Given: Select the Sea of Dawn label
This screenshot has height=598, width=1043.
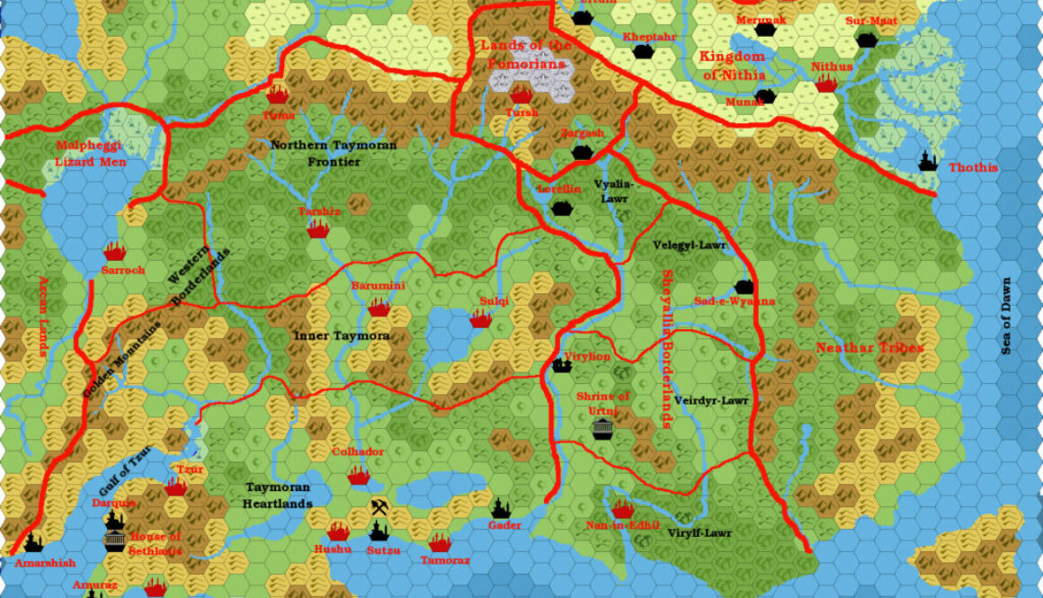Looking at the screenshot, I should coord(1006,315).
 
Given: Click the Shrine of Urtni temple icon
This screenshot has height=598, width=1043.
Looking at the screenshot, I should coord(602,429).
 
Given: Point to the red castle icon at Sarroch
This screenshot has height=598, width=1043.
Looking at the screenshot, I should coord(113,251).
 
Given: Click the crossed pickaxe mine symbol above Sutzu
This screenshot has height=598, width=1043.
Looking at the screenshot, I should coord(379,508).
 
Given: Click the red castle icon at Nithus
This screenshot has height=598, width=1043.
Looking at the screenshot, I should coord(826,84).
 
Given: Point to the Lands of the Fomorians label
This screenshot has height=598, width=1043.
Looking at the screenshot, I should coord(525,55).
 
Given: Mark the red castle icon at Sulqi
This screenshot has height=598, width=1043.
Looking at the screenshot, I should coord(480,318).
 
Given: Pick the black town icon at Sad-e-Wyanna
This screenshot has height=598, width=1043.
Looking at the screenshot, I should coord(743,287).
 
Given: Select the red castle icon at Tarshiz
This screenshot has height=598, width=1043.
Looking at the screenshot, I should coord(317,229).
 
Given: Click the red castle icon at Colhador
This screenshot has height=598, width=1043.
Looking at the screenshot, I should coord(359,474).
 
